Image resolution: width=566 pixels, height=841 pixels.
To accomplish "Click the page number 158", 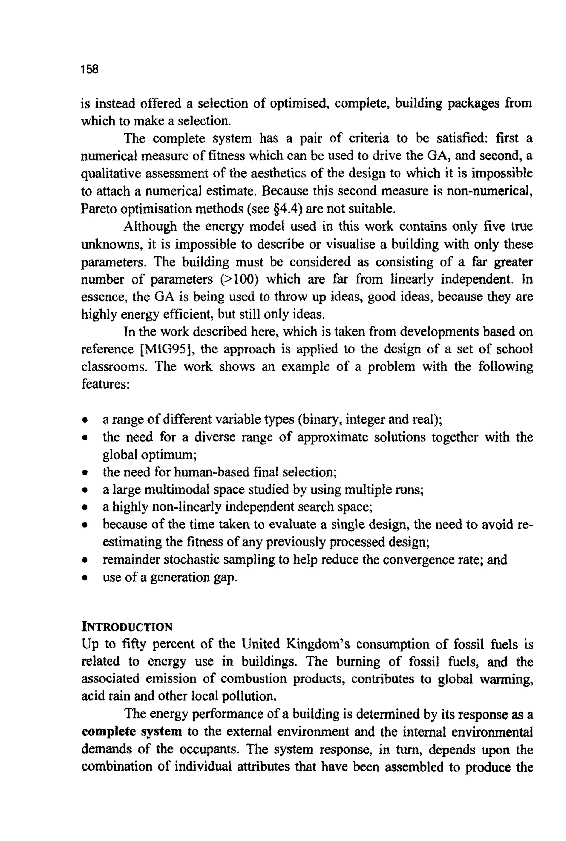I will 90,69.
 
